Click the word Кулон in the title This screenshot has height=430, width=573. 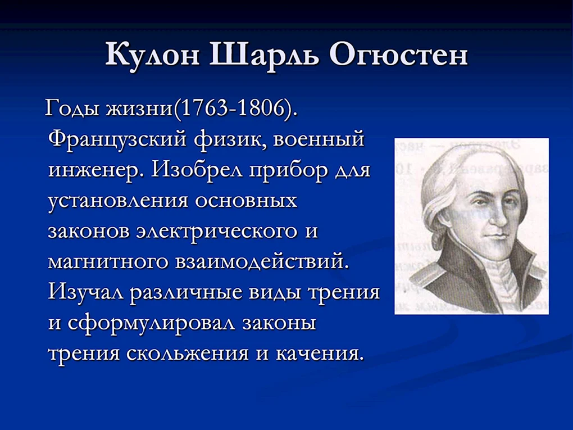[x=153, y=55]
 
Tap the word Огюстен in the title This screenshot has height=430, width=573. [x=398, y=56]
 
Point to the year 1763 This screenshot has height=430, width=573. [x=204, y=108]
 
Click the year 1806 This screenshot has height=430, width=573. [x=260, y=108]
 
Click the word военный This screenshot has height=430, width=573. [x=319, y=139]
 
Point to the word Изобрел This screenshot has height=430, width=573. [x=198, y=170]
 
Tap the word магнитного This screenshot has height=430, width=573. [x=108, y=262]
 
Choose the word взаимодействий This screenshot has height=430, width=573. [x=260, y=262]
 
